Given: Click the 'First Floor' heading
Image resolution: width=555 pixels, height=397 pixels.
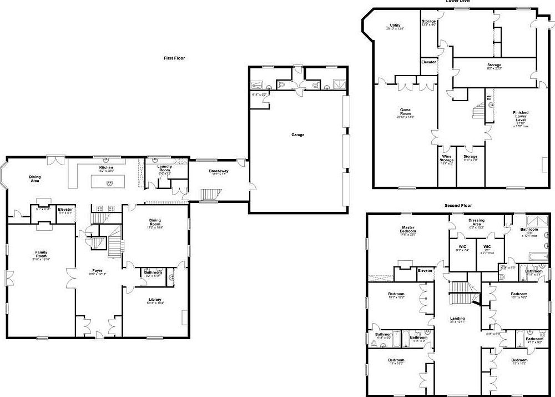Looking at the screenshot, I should point(174,58).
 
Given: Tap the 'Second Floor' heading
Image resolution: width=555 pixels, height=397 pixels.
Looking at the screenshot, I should point(458,205).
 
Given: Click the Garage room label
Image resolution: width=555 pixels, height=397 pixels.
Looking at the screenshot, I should point(297,135).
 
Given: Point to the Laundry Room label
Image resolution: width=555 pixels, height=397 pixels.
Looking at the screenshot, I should point(164,167).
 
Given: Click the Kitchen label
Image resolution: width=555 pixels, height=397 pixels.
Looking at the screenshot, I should point(106,167).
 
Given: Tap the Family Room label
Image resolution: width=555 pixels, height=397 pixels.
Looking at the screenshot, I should point(41,254).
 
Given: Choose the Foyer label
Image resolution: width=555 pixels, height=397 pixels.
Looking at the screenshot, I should point(97,271).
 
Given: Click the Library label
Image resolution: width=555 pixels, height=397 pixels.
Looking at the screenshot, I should point(155,300).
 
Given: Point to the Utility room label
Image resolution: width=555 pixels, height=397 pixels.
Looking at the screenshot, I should point(395,26).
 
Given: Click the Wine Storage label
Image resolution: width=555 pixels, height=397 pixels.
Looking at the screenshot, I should point(447,158).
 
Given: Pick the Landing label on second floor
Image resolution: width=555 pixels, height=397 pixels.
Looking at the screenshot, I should point(457,319).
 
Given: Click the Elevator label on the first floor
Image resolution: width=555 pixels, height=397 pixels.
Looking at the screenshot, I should point(65,209).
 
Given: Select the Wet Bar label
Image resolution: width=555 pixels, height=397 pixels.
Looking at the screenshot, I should point(490,98).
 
